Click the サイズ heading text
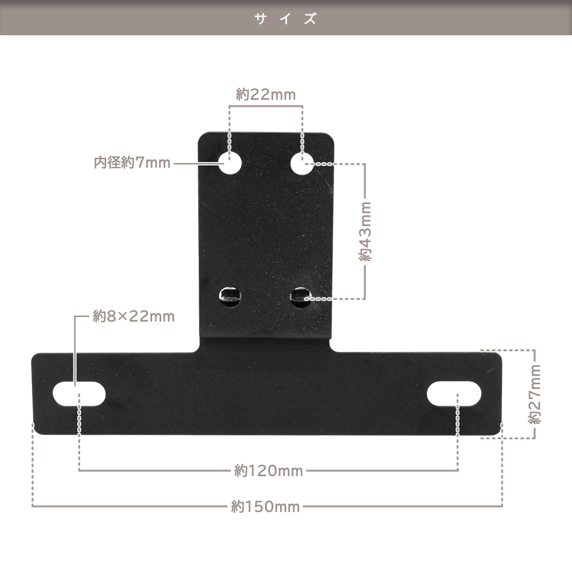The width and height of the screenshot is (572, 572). pyautogui.click(x=286, y=19)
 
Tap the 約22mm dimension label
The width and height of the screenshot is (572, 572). pyautogui.click(x=266, y=95)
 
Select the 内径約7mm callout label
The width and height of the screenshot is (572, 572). pyautogui.click(x=132, y=163)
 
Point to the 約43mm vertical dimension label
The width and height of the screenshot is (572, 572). pyautogui.click(x=365, y=232)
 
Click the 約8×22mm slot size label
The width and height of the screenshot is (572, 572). pyautogui.click(x=133, y=317)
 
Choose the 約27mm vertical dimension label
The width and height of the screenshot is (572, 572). pyautogui.click(x=535, y=395)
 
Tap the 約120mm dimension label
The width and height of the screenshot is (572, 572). pyautogui.click(x=268, y=471)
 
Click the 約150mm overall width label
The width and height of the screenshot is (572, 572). pyautogui.click(x=266, y=507)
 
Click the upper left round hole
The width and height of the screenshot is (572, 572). pyautogui.click(x=230, y=163)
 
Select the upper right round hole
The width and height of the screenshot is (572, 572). pyautogui.click(x=302, y=163)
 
